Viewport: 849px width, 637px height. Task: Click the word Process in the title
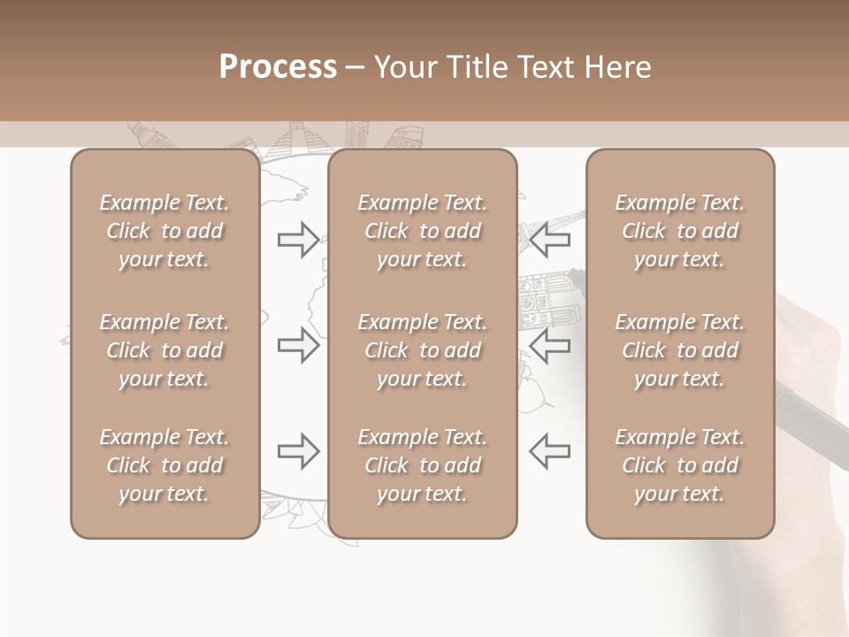click(x=278, y=66)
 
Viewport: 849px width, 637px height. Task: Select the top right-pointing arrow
click(x=299, y=240)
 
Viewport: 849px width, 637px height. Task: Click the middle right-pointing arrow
click(x=299, y=345)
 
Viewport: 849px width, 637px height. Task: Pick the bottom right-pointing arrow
click(x=299, y=451)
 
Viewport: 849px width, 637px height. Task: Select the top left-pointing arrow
click(x=549, y=240)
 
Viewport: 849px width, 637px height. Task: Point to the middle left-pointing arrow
click(x=549, y=345)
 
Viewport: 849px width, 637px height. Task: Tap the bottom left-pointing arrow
click(x=549, y=451)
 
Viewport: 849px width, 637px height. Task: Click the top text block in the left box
click(x=164, y=231)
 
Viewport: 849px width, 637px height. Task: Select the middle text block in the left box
click(x=164, y=350)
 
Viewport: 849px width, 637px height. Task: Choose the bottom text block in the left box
click(x=164, y=465)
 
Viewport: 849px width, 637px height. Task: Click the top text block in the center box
click(x=423, y=231)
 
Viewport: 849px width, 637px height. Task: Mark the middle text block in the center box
click(x=423, y=350)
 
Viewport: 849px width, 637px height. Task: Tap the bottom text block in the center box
click(x=423, y=465)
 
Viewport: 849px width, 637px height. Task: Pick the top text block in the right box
click(x=680, y=231)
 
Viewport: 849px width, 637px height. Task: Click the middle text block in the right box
click(x=680, y=350)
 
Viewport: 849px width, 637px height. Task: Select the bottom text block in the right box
click(x=680, y=465)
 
